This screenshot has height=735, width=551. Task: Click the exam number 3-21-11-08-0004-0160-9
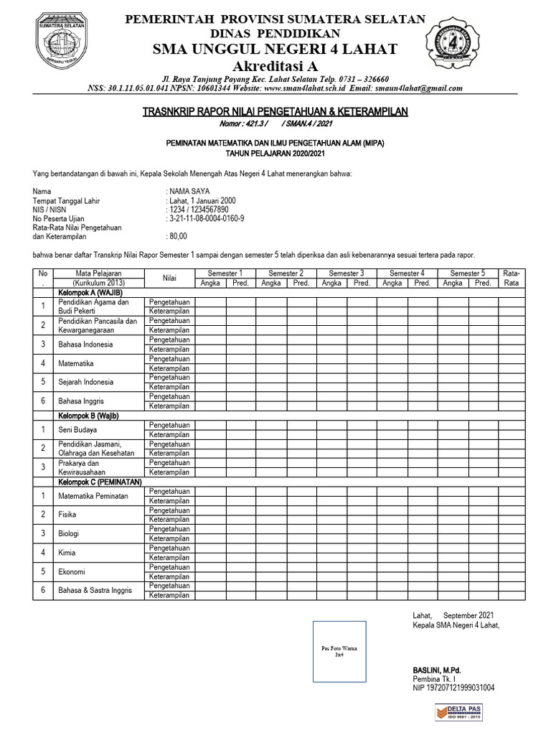coord(206,218)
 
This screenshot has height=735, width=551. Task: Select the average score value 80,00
coord(178,235)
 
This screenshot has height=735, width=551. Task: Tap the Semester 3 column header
coord(346,273)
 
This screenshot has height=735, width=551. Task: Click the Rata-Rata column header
coord(513,278)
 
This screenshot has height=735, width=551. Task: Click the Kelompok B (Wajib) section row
coord(88,416)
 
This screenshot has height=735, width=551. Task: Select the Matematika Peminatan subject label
coord(93,496)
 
